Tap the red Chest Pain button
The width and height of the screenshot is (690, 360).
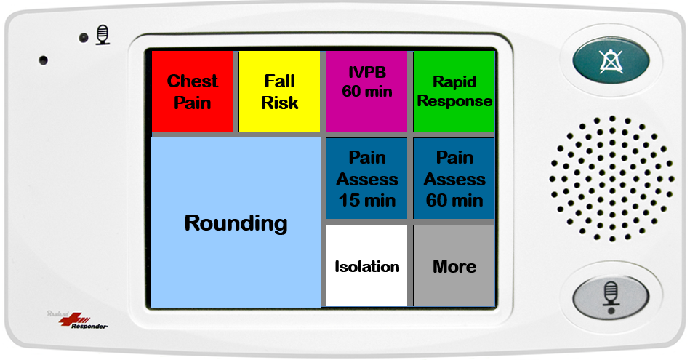click(x=192, y=92)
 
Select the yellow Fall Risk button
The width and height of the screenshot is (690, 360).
click(x=279, y=92)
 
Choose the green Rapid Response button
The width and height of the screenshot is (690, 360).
click(x=454, y=92)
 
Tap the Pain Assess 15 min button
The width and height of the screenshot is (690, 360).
click(x=366, y=178)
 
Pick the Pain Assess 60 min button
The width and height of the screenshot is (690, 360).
click(x=454, y=178)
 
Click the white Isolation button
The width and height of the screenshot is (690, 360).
click(x=366, y=266)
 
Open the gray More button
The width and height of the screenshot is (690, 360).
click(x=454, y=266)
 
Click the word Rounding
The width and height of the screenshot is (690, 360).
click(x=236, y=223)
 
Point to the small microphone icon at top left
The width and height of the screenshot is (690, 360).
click(x=103, y=35)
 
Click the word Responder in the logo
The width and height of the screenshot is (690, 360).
click(x=89, y=326)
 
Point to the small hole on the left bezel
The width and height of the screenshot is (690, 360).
click(x=43, y=60)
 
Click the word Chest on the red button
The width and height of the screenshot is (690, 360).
click(x=193, y=81)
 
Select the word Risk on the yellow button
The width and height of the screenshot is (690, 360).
click(x=280, y=103)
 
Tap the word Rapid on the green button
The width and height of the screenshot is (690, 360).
click(x=454, y=81)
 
